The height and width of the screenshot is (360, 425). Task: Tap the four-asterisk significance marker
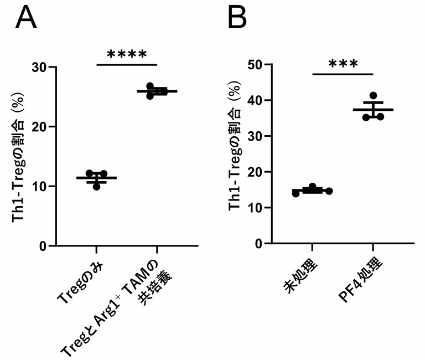coord(127,54)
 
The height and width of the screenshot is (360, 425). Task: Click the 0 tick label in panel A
coord(43,246)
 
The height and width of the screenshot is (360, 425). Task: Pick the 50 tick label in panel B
coord(255,64)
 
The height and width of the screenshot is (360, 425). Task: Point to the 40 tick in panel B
coord(255,100)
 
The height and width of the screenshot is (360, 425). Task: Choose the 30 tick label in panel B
coord(255,136)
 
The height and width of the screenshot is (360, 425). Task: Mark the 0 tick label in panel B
coord(258,244)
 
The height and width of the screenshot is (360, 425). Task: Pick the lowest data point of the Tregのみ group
coord(96,187)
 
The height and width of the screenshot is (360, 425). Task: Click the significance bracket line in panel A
coord(127,64)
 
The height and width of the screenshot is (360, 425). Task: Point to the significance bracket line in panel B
coord(343,74)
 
